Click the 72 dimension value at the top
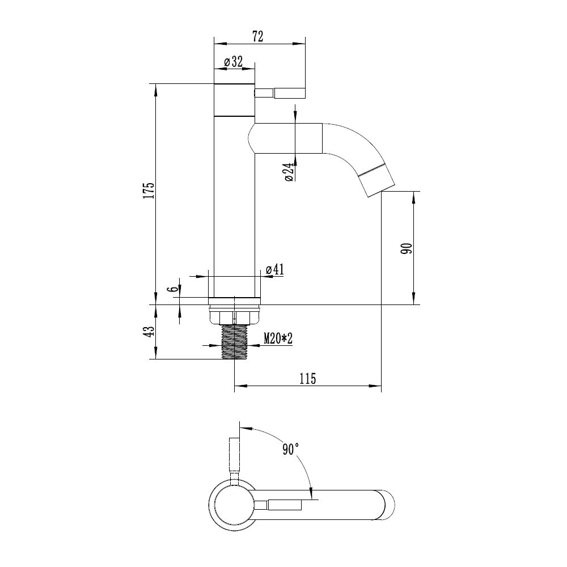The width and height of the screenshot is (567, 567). click(257, 36)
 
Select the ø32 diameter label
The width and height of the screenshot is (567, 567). click(234, 62)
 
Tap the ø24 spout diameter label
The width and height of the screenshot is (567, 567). click(289, 171)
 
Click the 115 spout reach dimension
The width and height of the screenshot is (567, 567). click(307, 378)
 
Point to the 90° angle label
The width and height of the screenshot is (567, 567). click(290, 450)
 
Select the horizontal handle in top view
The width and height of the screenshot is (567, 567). click(283, 505)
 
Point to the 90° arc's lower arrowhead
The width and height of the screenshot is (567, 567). click(311, 493)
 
